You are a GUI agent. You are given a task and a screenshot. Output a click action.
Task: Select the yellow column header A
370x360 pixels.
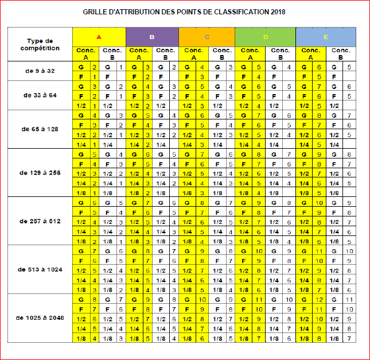coord(99,37)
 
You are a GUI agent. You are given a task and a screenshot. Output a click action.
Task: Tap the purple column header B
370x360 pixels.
coord(152,37)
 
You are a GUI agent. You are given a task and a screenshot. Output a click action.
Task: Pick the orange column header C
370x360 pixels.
coord(207,37)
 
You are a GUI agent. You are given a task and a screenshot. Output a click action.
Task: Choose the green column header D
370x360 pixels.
coord(266,37)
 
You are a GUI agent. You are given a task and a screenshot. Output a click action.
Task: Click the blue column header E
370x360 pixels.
coord(326,37)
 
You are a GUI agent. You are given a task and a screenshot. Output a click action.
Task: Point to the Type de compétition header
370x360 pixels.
coord(40,45)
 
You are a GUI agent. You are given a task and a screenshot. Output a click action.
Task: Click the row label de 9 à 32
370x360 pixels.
coord(40,71)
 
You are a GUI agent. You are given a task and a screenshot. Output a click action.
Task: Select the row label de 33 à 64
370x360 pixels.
coord(40,95)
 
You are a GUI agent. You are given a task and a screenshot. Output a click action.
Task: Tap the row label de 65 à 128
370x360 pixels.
coord(40,129)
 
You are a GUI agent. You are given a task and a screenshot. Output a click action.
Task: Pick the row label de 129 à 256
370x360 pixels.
coord(40,172)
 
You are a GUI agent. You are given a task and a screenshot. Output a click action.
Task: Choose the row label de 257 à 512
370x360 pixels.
coord(40,221)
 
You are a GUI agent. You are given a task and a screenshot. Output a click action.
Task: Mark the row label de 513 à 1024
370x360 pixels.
coord(40,269)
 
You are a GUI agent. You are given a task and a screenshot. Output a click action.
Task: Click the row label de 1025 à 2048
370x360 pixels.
coord(40,318)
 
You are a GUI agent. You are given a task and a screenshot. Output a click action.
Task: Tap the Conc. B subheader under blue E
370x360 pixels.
coord(341,53)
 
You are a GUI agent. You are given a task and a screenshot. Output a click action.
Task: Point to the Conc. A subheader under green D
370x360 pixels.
coord(250,53)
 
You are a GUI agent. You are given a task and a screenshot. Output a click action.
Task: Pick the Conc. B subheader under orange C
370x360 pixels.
coord(222,53)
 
